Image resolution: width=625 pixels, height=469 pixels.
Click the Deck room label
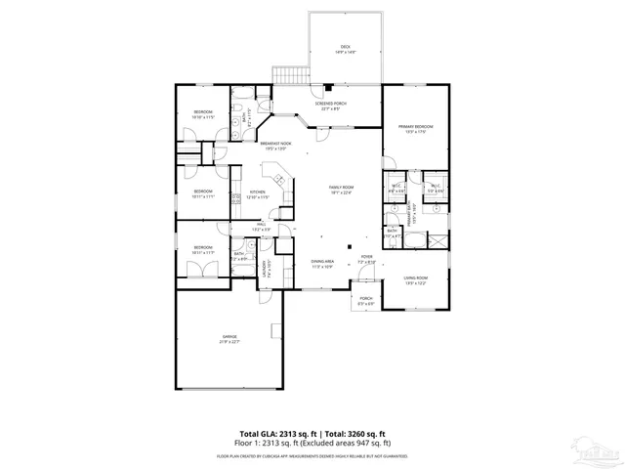coord(346,49)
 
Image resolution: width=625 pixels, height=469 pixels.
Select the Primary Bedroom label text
coord(415,128)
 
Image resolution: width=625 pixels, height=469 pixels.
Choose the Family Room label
coord(341,189)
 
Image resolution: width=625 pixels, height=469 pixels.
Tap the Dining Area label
coord(323,263)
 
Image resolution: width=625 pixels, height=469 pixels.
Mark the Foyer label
coord(366,260)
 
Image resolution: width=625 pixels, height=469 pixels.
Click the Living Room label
coord(417,281)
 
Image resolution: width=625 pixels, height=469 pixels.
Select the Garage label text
coord(229,338)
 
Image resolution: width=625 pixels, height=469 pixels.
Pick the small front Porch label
coord(365,300)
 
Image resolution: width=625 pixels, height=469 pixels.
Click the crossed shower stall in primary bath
coord(439,238)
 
